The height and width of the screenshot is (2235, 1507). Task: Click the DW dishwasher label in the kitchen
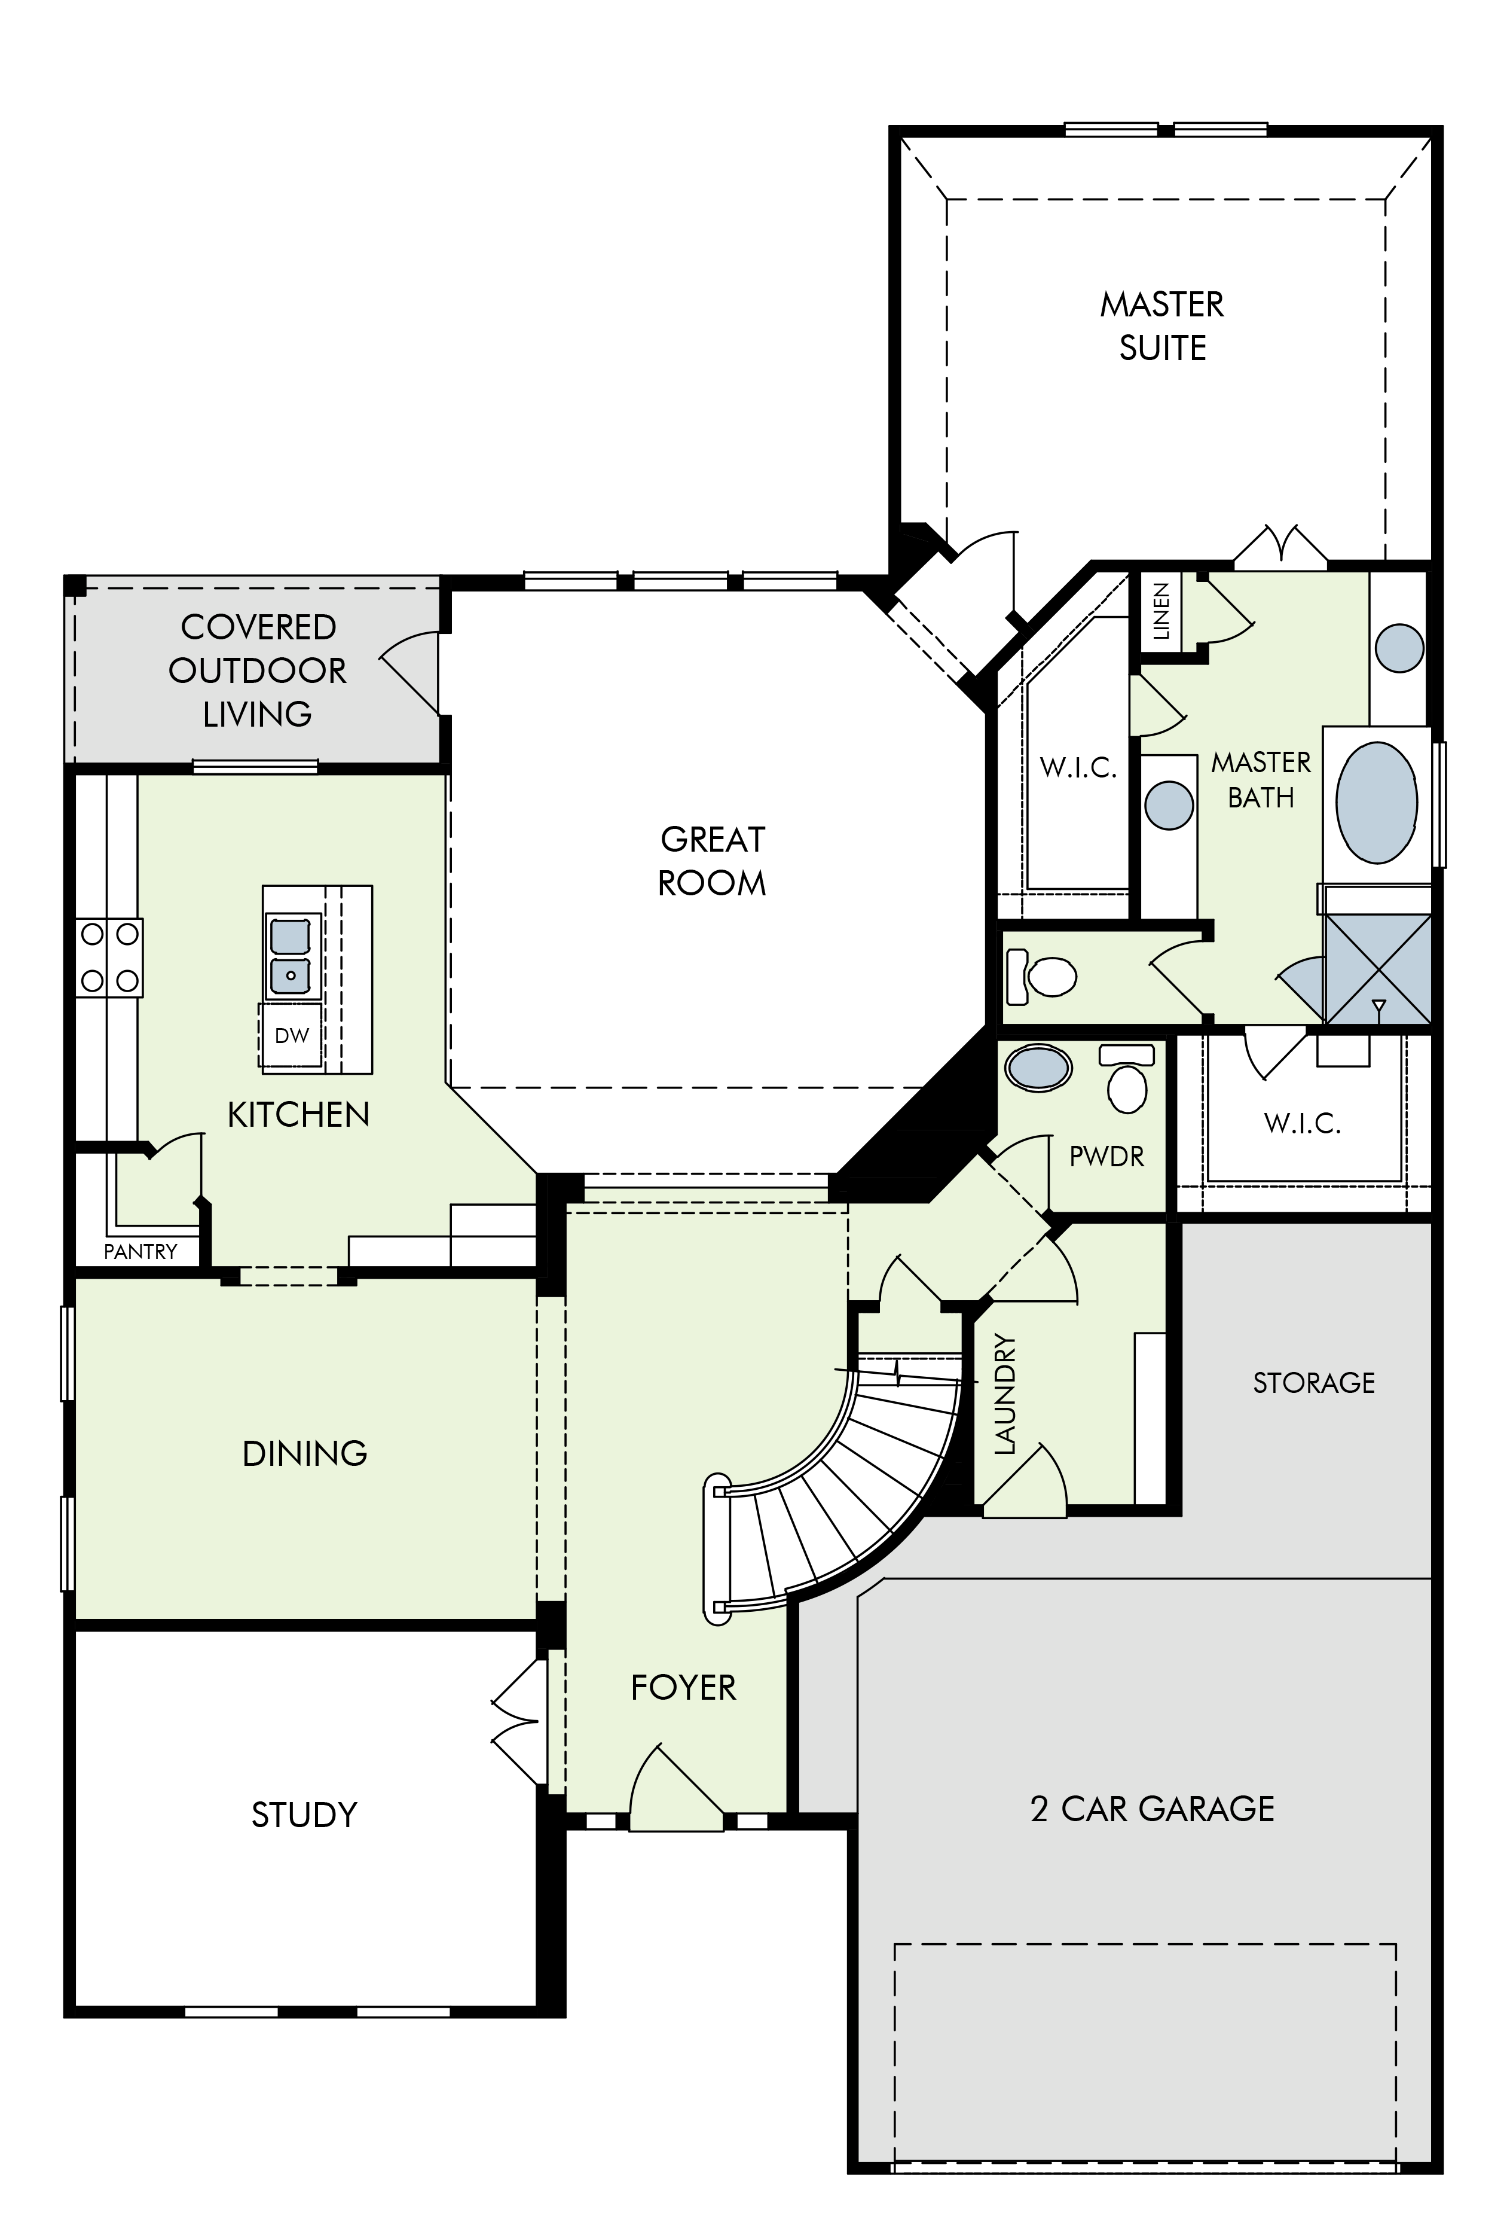point(292,1035)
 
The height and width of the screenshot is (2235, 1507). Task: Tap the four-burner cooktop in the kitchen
point(109,958)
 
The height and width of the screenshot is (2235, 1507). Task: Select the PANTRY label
point(140,1252)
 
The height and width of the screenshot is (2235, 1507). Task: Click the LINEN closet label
point(1161,611)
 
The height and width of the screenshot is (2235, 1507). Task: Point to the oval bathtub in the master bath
point(1376,801)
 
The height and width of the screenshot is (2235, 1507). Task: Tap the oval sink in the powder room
point(1037,1068)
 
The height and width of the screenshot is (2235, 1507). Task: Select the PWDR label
point(1107,1157)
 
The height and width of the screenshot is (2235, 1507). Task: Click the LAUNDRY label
point(1004,1394)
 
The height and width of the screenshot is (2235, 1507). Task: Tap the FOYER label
point(683,1687)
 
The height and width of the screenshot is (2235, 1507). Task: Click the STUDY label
point(305,1815)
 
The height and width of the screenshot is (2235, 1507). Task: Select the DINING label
point(305,1453)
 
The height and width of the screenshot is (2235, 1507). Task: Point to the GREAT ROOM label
point(712,861)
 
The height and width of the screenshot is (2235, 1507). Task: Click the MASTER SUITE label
point(1162,326)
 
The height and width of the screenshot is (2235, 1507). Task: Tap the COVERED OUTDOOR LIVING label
point(258,670)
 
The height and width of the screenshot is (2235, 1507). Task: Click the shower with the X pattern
point(1377,968)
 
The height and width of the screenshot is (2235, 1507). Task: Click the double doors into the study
point(519,1722)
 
